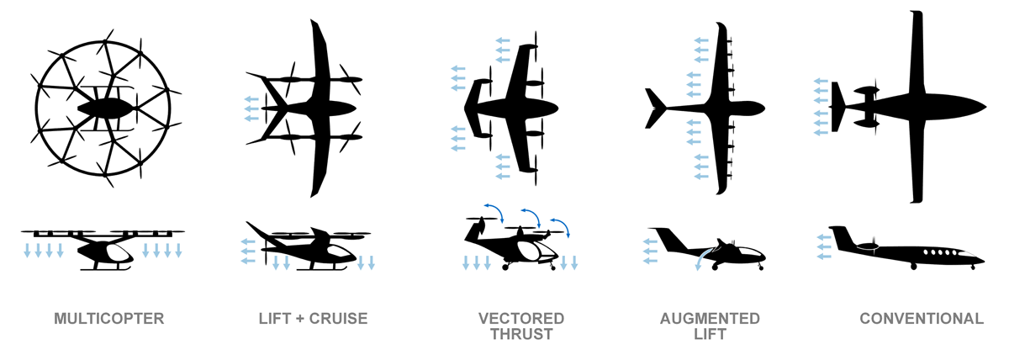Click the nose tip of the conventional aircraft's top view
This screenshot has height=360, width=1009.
[986, 107]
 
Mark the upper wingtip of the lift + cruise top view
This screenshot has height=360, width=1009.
[312, 20]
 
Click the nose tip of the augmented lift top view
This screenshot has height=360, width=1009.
[764, 109]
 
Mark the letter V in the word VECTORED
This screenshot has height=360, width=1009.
[483, 319]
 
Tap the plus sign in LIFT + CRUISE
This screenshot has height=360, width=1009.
[298, 319]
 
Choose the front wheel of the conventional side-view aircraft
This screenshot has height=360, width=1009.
[973, 267]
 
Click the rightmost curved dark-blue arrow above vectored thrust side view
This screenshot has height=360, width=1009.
[560, 227]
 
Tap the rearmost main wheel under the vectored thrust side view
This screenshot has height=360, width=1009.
[505, 267]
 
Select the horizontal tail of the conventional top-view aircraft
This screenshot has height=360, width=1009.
[836, 107]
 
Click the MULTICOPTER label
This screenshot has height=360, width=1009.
[109, 319]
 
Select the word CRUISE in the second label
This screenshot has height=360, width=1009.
[338, 319]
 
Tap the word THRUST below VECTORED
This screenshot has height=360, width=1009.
[521, 334]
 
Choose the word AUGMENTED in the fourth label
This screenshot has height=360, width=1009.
[710, 319]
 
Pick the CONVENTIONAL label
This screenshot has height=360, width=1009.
[922, 319]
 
